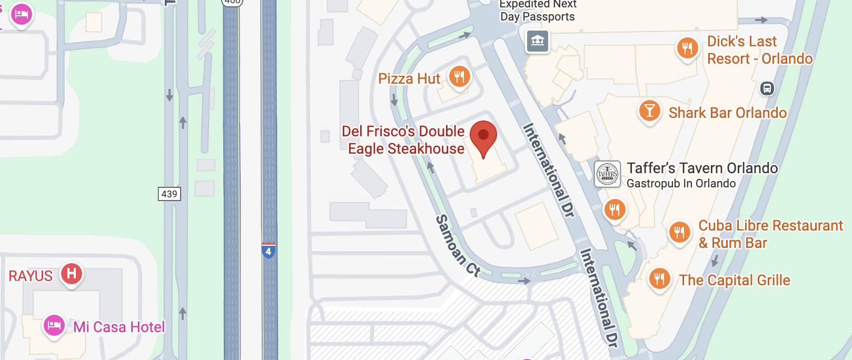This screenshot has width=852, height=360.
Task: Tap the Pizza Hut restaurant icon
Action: click(x=459, y=77)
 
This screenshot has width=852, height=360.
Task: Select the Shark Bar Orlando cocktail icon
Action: click(x=650, y=111)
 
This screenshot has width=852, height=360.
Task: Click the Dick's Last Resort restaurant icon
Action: click(x=687, y=48)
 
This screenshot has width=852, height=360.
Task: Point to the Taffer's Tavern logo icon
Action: click(x=607, y=174)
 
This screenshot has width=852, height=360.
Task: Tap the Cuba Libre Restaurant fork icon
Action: click(x=679, y=232)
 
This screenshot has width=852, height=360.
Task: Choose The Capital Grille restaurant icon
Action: click(x=659, y=278)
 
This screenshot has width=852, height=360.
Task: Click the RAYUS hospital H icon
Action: click(x=72, y=274)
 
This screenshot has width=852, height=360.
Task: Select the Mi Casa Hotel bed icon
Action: click(x=54, y=326)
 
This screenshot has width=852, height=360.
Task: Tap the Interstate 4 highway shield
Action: click(x=269, y=251)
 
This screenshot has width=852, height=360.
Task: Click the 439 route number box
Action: click(x=169, y=194)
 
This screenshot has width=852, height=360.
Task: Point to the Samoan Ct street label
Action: click(x=458, y=245)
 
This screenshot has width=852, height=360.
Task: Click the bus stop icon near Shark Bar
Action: click(x=767, y=88)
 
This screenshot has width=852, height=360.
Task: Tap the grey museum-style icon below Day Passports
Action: click(x=538, y=41)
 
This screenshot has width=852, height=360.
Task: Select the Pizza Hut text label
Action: click(x=409, y=79)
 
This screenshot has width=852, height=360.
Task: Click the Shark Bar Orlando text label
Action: click(x=727, y=113)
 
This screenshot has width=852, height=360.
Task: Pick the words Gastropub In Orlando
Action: click(x=681, y=184)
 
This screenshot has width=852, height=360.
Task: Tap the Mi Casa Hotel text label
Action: click(x=119, y=327)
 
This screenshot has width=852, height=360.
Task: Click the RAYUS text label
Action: click(x=31, y=276)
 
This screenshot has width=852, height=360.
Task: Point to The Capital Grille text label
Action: click(x=735, y=280)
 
